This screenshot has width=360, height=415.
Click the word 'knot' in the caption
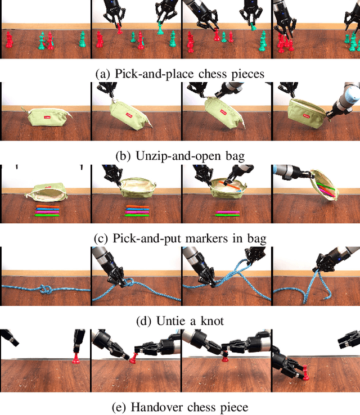pyautogui.click(x=211, y=322)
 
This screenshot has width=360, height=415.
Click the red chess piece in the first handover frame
pyautogui.click(x=75, y=358)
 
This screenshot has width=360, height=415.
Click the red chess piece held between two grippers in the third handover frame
pyautogui.click(x=224, y=354)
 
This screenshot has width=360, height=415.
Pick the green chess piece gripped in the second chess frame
pyautogui.click(x=161, y=26)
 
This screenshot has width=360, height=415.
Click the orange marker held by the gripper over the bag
pyautogui.click(x=232, y=182)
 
